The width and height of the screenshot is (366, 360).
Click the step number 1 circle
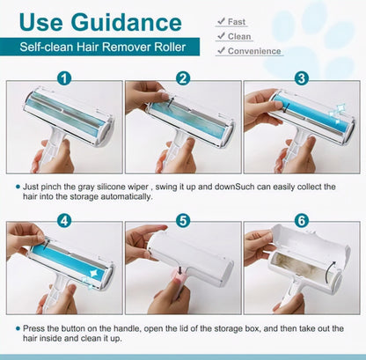64,78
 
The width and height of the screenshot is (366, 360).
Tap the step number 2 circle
183,78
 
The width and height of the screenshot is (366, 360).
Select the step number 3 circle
302,78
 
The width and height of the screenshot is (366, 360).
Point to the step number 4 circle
64,220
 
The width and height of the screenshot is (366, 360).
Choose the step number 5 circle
183,220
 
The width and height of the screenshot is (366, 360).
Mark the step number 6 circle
302,220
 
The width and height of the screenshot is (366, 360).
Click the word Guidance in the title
127,23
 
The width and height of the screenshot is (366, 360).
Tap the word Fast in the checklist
237,22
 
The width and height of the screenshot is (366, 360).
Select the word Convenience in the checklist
254,51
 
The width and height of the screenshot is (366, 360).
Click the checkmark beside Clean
221,36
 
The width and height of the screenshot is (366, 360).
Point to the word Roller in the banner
170,47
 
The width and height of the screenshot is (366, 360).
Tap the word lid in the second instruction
183,328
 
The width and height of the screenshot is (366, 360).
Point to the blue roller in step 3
310,112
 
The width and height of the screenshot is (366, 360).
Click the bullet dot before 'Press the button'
18,328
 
